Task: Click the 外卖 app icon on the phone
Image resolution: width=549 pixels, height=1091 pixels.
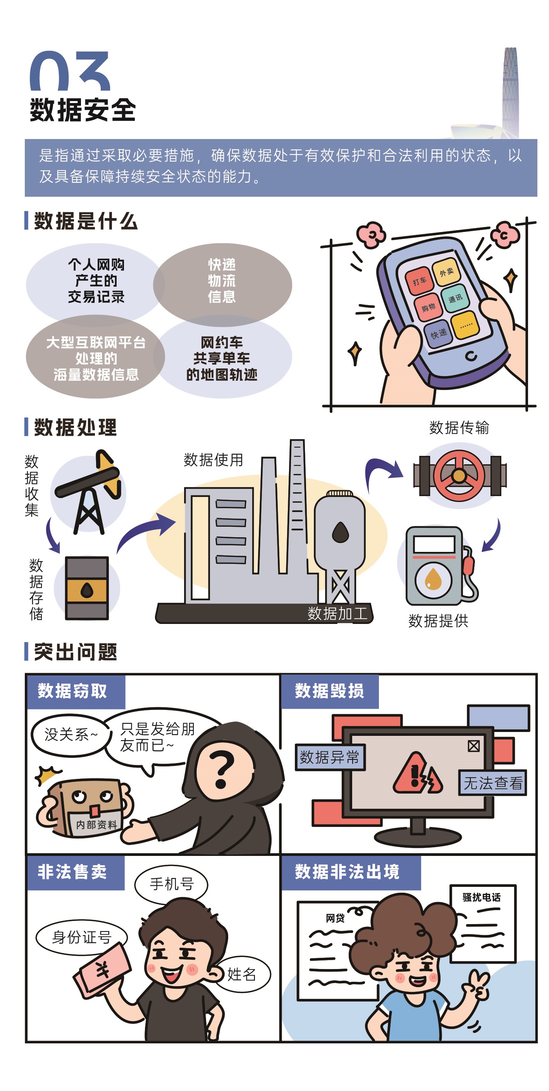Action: pos(446,271)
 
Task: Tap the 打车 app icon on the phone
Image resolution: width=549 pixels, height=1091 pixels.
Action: pos(419,280)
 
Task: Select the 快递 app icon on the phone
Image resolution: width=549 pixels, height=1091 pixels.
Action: pos(439,333)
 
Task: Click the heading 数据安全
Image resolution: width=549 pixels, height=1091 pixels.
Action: pos(83,110)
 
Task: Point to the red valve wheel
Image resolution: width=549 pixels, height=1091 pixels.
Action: pos(459,476)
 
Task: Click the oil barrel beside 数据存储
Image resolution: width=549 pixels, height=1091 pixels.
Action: pos(87,588)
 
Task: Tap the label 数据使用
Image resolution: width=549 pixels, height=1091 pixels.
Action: pos(213,460)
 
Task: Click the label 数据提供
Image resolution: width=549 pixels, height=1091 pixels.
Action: pos(438,621)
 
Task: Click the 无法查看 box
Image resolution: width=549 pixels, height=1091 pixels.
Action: pos(493,783)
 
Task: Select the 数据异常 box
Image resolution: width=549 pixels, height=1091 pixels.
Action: pos(330,757)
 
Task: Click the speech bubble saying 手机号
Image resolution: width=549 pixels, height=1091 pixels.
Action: pos(172,884)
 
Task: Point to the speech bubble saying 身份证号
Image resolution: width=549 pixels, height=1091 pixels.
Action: pos(82,937)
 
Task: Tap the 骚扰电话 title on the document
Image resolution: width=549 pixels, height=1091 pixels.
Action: pos(482,897)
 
